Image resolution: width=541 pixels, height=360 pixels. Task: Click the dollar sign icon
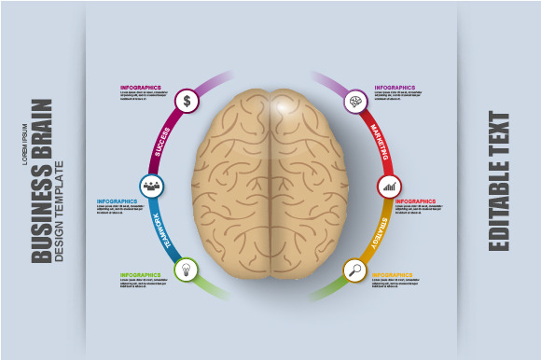tap(187, 100)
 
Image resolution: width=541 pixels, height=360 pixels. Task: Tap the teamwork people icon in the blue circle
tap(152, 186)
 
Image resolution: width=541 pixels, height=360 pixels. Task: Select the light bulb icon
tap(187, 270)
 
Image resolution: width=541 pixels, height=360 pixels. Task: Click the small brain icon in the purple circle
tap(354, 101)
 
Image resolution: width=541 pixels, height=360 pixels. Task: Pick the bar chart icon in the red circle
tap(389, 186)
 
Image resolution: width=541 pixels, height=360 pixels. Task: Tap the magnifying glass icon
tap(354, 271)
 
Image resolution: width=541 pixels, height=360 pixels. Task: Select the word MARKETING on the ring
tap(379, 141)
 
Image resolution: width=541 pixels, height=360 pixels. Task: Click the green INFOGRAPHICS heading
tap(141, 275)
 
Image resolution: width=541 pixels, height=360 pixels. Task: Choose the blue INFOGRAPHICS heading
tap(117, 201)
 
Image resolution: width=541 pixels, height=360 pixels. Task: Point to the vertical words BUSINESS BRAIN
tap(42, 182)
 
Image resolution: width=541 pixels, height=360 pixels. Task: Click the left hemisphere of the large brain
tap(230, 182)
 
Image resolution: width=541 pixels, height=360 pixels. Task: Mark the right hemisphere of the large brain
tap(308, 182)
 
